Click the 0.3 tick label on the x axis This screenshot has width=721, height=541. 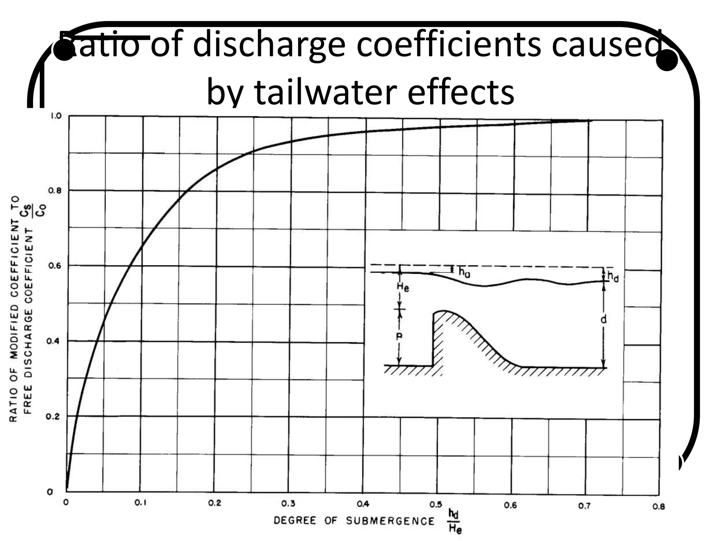(288, 504)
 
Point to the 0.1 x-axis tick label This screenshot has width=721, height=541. (140, 503)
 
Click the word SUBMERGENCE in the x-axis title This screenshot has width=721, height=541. (390, 521)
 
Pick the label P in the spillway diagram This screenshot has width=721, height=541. (399, 337)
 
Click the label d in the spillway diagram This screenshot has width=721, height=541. (604, 319)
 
